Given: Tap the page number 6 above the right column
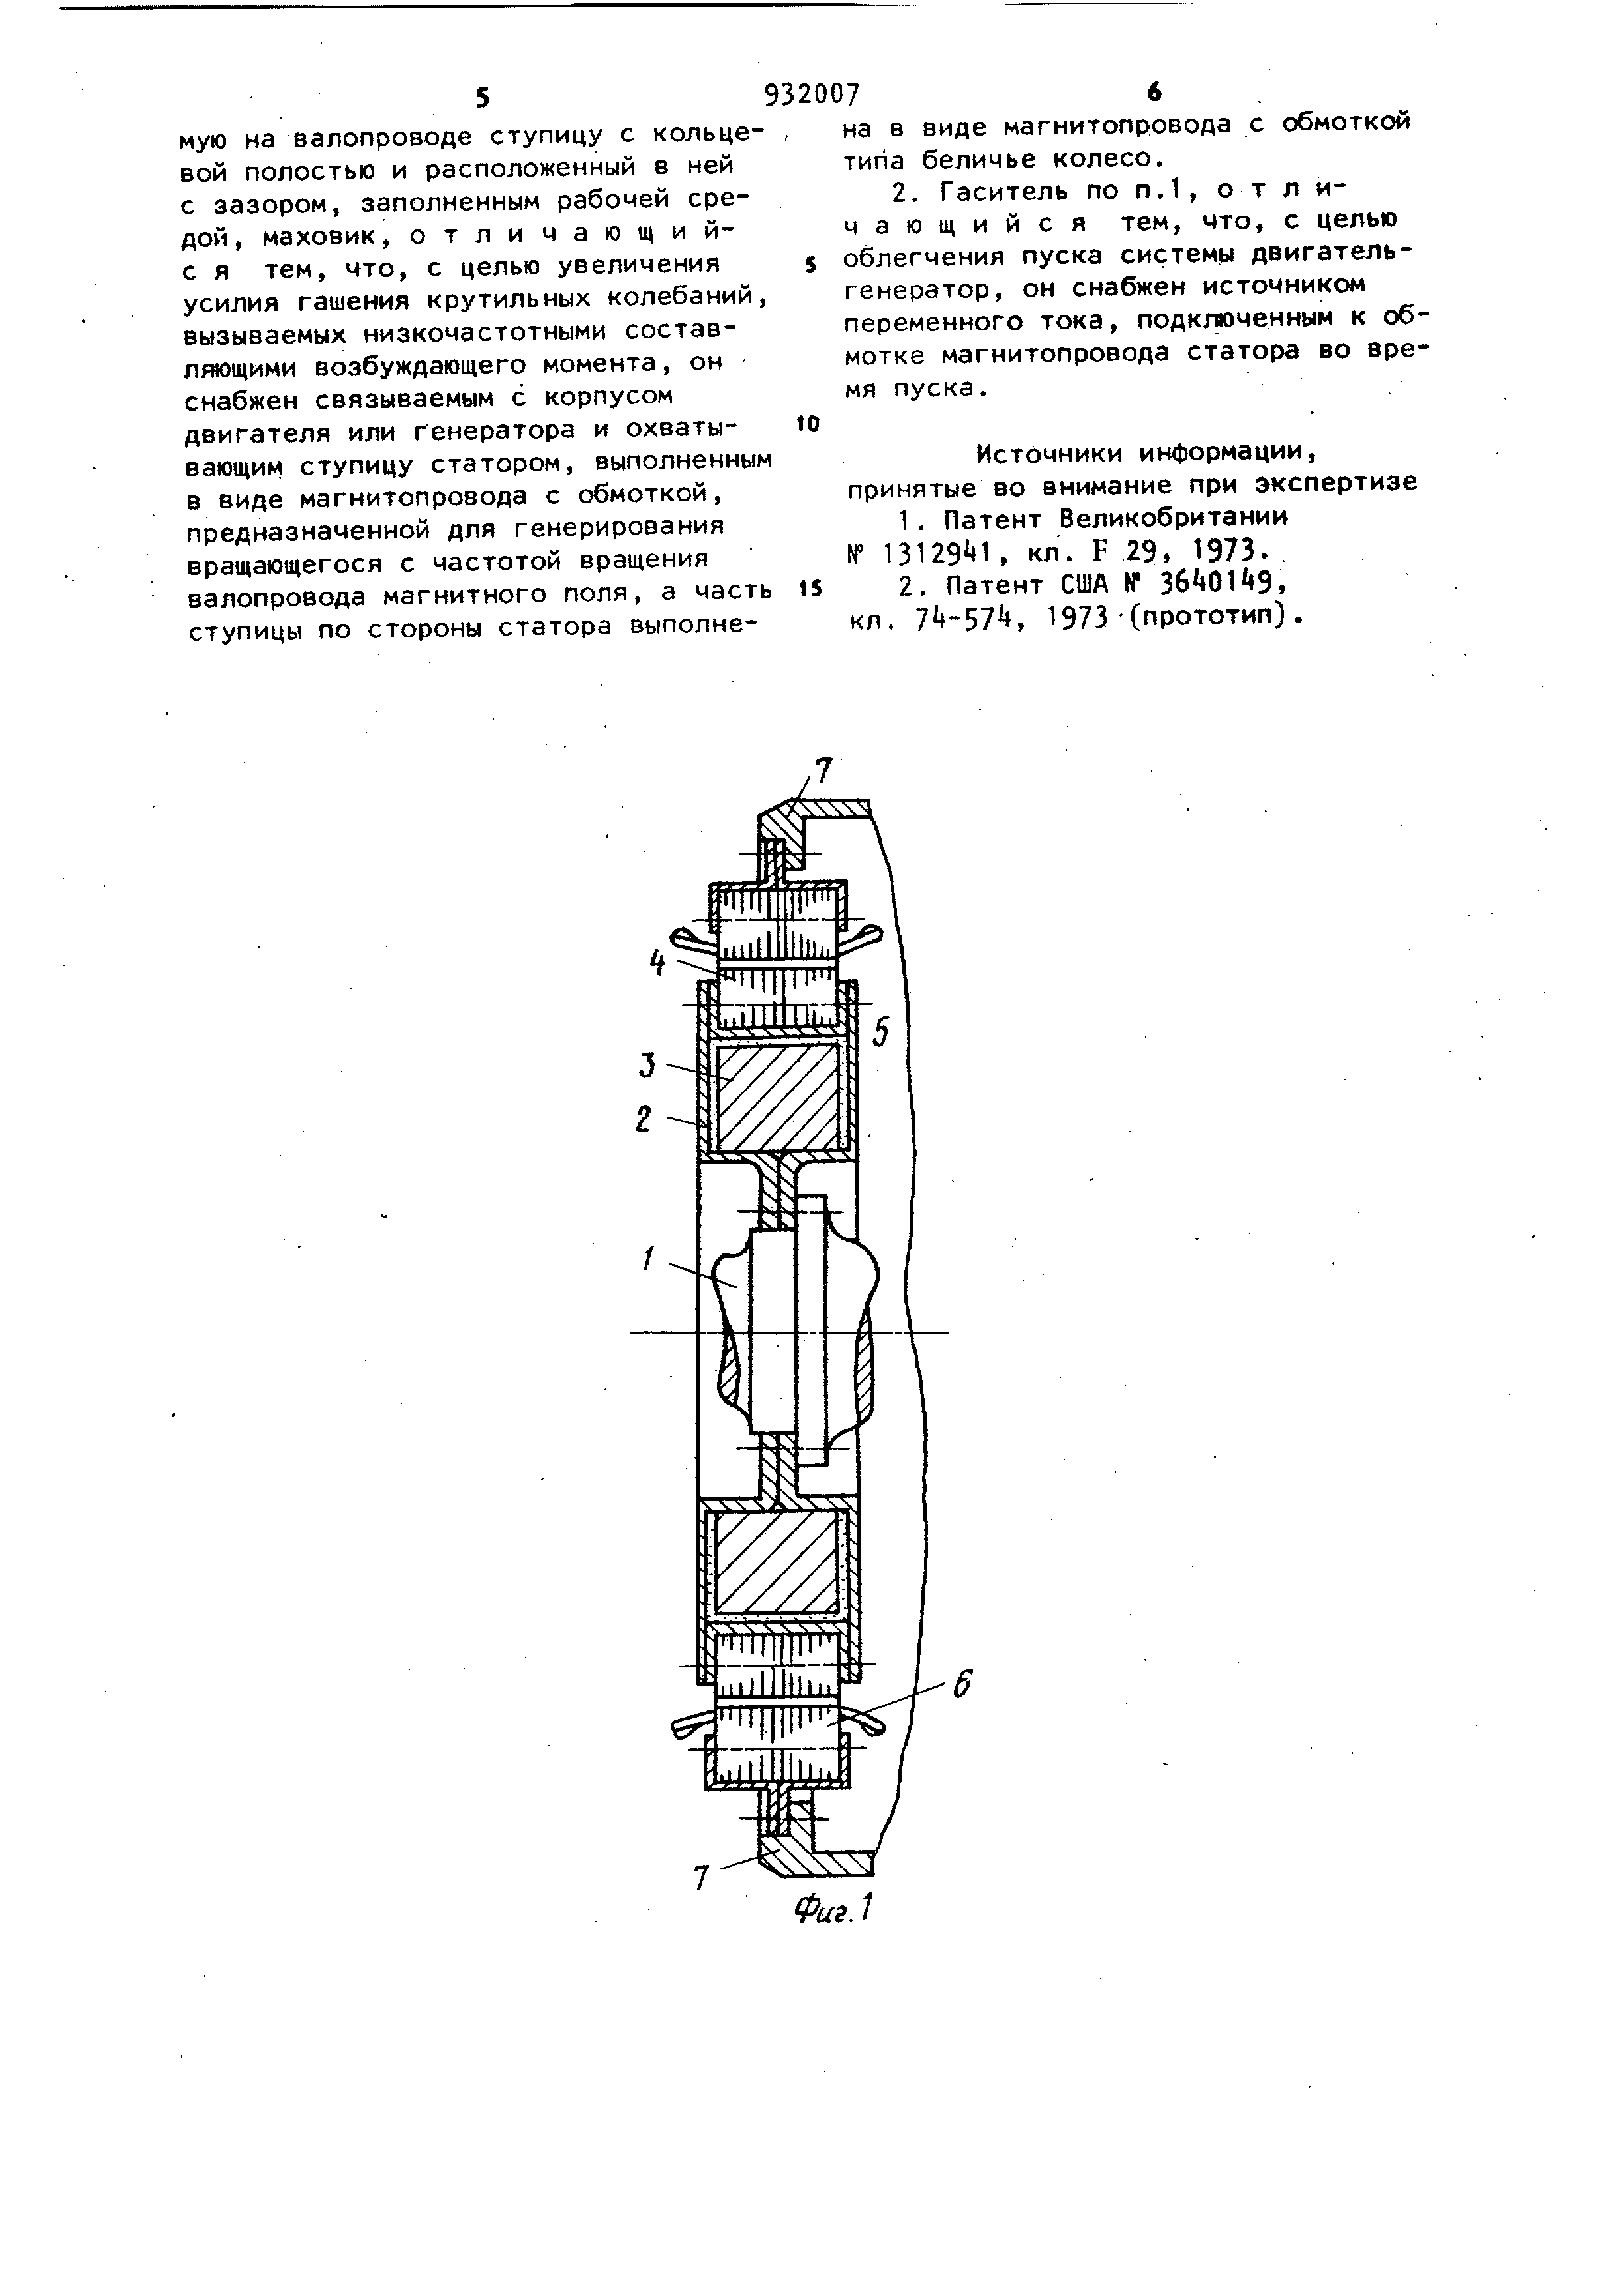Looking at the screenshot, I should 1154,93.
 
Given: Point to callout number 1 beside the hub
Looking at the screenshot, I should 648,1259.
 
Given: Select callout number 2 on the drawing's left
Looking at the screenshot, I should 644,1119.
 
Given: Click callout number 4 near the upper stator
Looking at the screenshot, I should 657,963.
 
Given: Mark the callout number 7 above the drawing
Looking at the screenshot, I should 822,770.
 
